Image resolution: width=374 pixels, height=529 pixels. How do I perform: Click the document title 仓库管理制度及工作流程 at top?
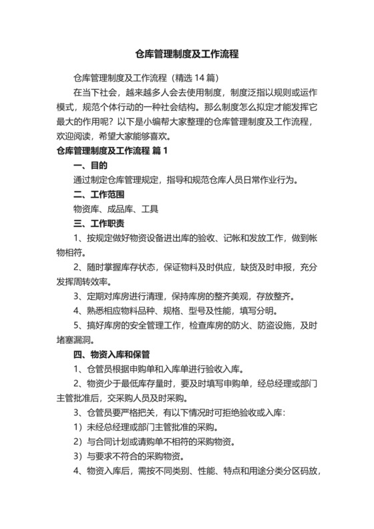186,54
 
